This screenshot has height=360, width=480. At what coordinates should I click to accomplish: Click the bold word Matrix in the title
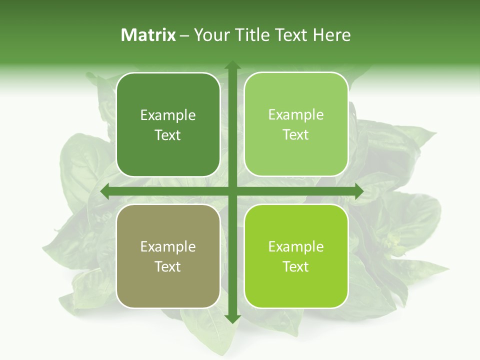coord(148,35)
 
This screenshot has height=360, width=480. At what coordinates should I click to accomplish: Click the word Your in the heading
coord(209,35)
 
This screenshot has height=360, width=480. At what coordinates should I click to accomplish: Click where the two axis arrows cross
coord(232,191)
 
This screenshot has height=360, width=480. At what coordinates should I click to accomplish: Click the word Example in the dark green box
coord(168,115)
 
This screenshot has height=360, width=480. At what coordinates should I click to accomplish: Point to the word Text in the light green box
coord(296,135)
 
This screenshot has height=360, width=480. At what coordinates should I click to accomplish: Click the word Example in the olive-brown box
coord(168,247)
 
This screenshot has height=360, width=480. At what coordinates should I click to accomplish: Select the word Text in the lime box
coord(296,266)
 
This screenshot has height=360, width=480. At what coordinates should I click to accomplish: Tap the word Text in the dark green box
coord(168,135)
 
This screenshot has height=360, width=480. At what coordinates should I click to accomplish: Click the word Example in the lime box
coord(296,247)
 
